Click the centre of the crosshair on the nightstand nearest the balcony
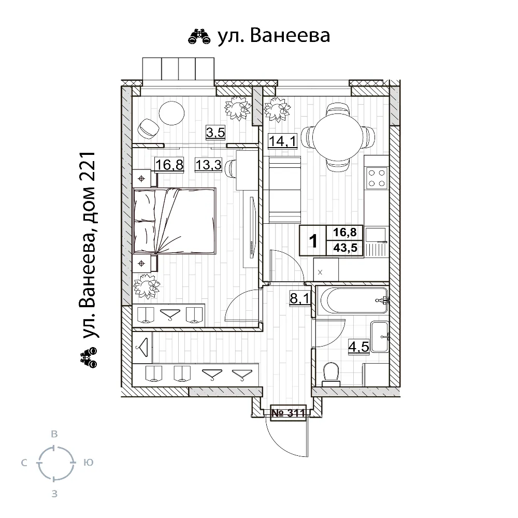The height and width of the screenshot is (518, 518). pos(141,179)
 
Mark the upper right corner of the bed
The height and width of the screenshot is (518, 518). pos(215,189)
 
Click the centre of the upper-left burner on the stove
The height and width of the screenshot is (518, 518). pos(371,173)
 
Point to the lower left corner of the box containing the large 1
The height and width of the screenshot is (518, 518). pos(299,255)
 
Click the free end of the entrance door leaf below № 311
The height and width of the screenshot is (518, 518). pos(308,456)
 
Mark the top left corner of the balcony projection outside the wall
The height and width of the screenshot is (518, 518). pos(143,58)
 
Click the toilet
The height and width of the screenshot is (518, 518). pos(331,375)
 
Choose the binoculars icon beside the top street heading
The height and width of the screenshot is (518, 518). pos(199,36)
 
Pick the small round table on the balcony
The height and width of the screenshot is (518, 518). pos(171,112)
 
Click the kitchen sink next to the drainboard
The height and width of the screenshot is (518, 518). pos(376,235)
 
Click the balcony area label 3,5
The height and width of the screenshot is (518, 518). pos(215,133)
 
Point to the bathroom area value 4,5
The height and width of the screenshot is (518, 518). pos(359,347)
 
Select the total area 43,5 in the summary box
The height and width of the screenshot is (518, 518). pos(345,248)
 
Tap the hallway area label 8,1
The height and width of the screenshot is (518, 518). pos(299,299)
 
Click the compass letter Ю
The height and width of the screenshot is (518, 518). pos(89,463)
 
